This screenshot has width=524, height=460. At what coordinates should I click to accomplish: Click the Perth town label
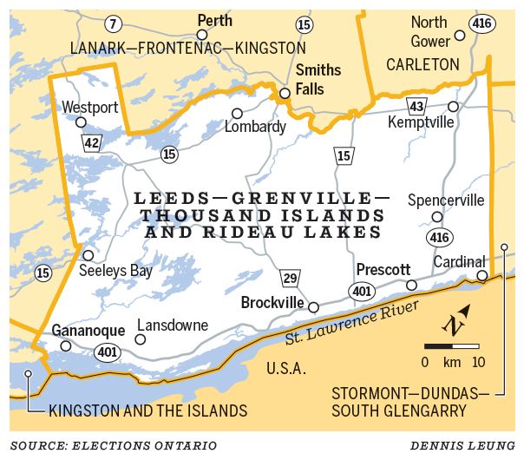tap(215, 19)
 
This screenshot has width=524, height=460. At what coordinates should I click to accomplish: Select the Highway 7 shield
tap(112, 23)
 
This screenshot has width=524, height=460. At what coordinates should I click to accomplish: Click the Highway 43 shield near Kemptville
tap(417, 105)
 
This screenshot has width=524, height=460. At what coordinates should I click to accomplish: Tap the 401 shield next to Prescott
tap(360, 290)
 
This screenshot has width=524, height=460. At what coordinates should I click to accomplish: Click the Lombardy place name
tap(255, 127)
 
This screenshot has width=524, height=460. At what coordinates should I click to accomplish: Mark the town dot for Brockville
tap(314, 307)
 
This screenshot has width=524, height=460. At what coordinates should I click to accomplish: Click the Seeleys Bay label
tap(115, 271)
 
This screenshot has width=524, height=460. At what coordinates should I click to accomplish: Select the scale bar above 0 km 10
tap(451, 345)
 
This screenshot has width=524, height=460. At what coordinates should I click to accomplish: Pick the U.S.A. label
tap(286, 368)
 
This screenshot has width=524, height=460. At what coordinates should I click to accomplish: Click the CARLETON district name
tap(422, 64)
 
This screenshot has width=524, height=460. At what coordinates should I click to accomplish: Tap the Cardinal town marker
tap(482, 276)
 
